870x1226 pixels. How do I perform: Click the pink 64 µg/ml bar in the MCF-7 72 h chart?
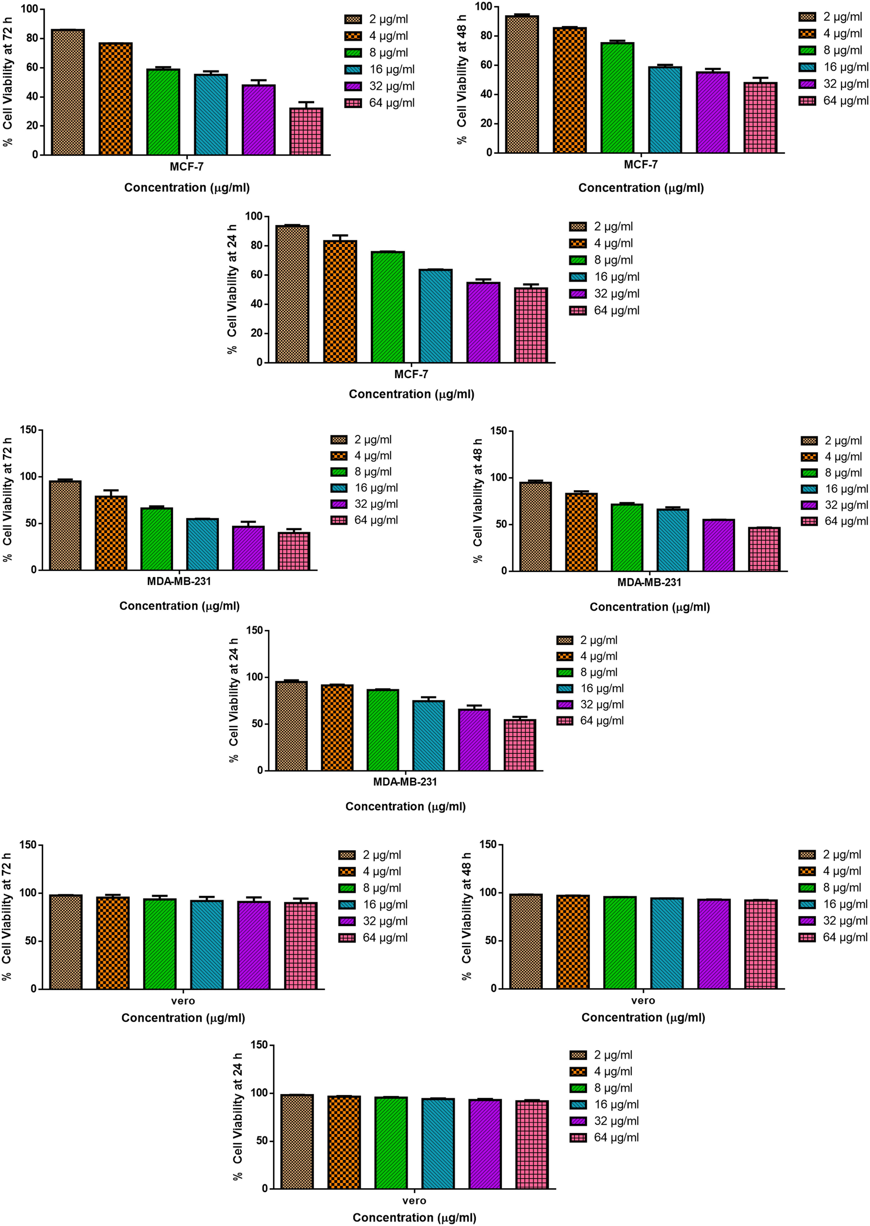tap(306, 132)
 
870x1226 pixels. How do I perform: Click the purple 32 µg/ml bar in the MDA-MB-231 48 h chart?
tap(718, 545)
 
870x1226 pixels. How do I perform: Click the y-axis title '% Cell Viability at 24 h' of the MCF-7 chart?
tap(232, 289)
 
